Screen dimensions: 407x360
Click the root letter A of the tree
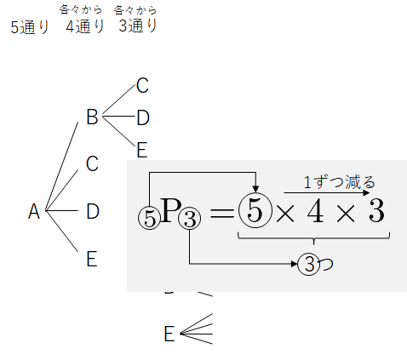click(34, 211)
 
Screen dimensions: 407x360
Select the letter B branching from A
click(92, 117)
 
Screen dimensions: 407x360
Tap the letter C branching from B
click(142, 85)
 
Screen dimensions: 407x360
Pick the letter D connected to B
click(143, 117)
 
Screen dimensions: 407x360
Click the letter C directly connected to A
click(92, 163)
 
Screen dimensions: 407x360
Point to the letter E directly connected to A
click(92, 259)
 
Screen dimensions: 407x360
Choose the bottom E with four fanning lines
click(169, 334)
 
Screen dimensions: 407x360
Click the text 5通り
click(30, 27)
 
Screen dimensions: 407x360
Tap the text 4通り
click(85, 26)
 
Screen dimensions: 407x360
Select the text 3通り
click(138, 26)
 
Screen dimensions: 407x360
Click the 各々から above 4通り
click(81, 10)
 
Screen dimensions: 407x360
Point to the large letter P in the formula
click(170, 210)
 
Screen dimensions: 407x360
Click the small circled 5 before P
click(149, 218)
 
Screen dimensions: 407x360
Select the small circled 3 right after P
click(190, 218)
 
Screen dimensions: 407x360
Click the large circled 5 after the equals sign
click(255, 210)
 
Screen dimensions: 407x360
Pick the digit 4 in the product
click(315, 211)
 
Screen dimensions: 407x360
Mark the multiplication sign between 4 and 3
click(346, 214)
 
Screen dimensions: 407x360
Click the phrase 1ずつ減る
click(340, 182)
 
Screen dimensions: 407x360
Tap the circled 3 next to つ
click(309, 264)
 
